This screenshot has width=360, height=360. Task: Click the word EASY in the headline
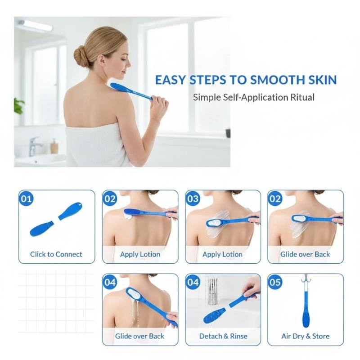point(170,80)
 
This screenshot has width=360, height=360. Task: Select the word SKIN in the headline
point(321,80)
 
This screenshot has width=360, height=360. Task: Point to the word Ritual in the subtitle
point(302,97)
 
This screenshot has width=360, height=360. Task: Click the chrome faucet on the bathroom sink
point(35,146)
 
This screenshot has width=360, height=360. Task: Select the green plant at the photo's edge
point(18,106)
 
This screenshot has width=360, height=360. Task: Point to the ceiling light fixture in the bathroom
point(36,25)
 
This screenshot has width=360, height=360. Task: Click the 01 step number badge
point(26,198)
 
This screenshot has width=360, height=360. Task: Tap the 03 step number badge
point(193,198)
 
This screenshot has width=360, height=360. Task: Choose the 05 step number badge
point(275,282)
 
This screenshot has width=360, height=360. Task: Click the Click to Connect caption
point(56,254)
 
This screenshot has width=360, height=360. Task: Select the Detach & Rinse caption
point(223,336)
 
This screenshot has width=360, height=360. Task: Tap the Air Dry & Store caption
point(306,336)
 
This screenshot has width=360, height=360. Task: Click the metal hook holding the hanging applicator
point(306,279)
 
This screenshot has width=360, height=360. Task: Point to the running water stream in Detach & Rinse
point(212,291)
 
